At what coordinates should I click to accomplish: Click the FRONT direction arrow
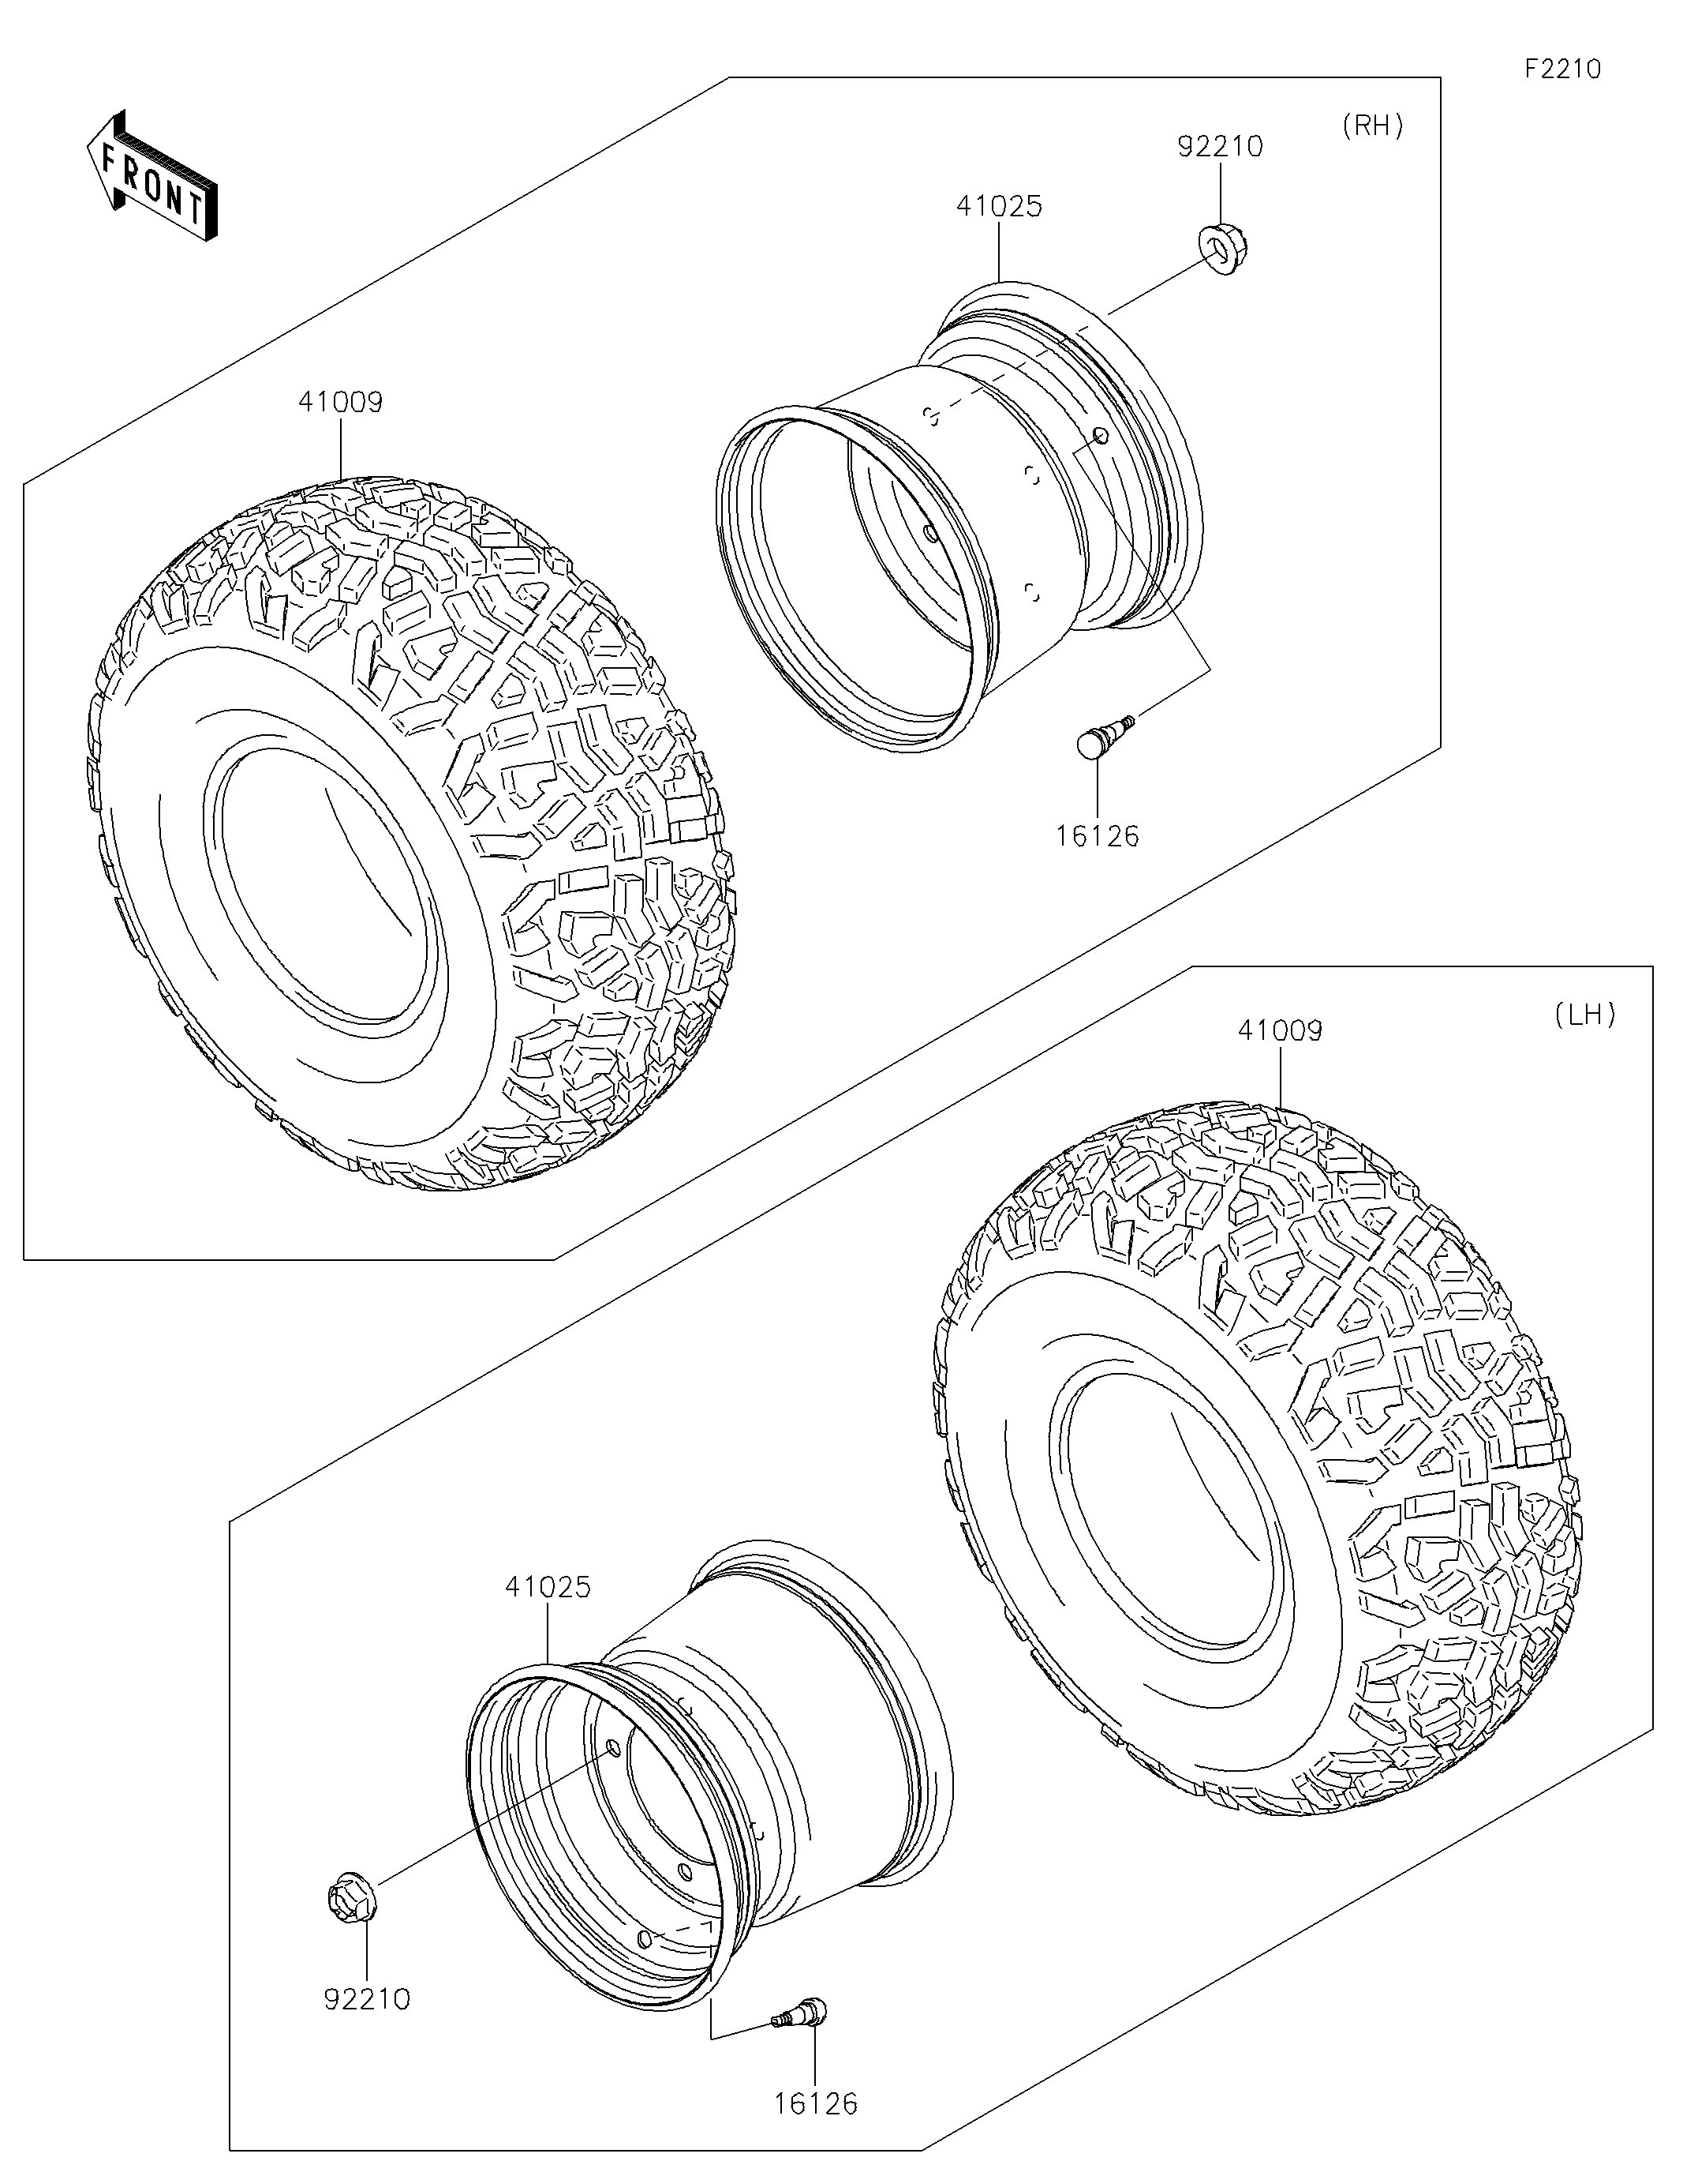pos(152,175)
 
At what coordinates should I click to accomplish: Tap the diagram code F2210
pos(1562,69)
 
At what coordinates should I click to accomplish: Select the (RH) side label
pos(1372,126)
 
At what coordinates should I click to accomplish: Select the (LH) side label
pos(1584,1015)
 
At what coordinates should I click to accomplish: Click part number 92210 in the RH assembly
pos(1220,147)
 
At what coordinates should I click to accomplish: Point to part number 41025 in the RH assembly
pos(999,206)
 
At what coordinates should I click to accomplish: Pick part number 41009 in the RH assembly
pos(341,402)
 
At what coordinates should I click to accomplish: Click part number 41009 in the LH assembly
pos(1280,1030)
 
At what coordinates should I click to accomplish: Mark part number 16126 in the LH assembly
pos(816,2103)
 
